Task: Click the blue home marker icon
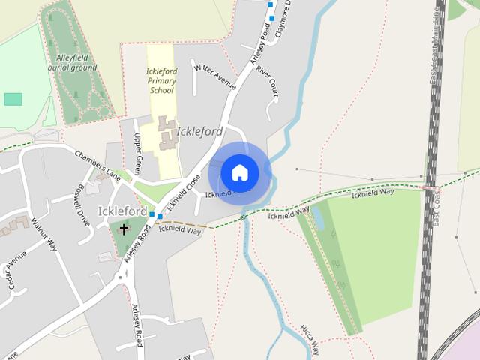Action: [240, 172]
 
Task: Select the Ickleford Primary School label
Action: [160, 81]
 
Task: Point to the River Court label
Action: [267, 80]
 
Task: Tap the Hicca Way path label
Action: [310, 339]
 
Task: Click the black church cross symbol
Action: [124, 229]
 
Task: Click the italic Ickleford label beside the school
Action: [199, 132]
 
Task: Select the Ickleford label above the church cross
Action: [122, 211]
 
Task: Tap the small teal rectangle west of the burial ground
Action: [13, 99]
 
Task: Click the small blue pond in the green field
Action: [319, 218]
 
